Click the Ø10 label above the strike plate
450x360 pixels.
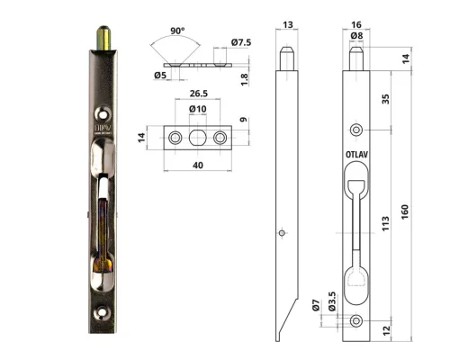tap(199, 110)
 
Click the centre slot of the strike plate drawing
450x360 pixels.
tap(199, 137)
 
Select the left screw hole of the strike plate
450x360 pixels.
tap(175, 137)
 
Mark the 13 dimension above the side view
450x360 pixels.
tap(285, 27)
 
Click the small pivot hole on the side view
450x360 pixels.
tap(283, 232)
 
